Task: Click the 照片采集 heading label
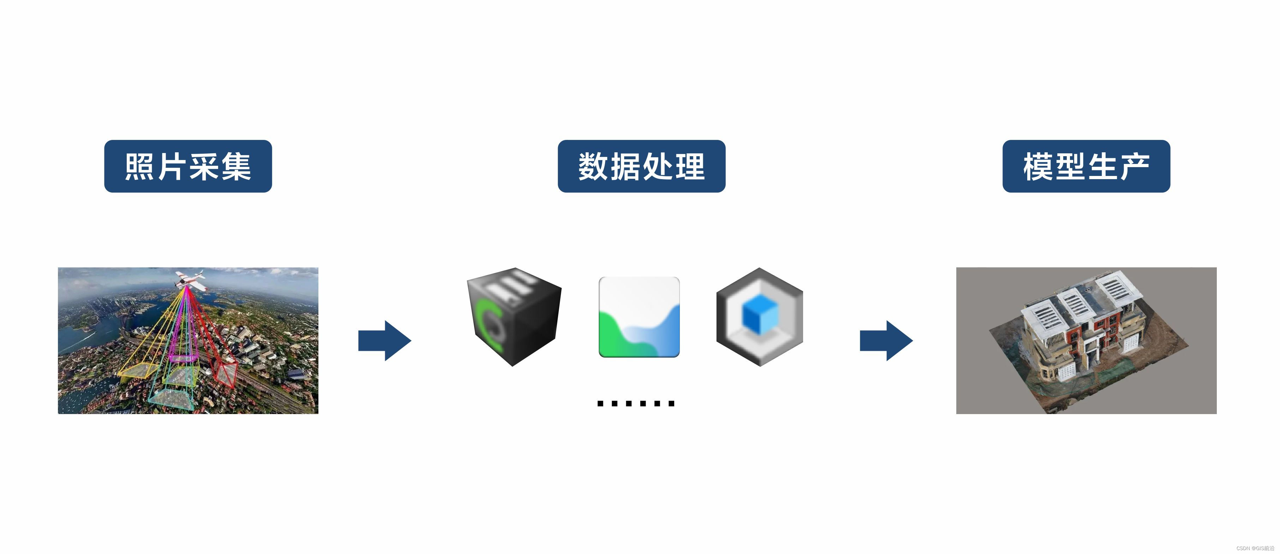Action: pos(188,166)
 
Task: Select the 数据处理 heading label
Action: pos(641,166)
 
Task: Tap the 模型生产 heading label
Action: pos(1086,166)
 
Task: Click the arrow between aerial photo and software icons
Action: pos(384,341)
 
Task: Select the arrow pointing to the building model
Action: pos(886,341)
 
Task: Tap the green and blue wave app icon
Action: pos(639,317)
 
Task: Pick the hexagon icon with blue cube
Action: pos(759,317)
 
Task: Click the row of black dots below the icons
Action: pos(635,403)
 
